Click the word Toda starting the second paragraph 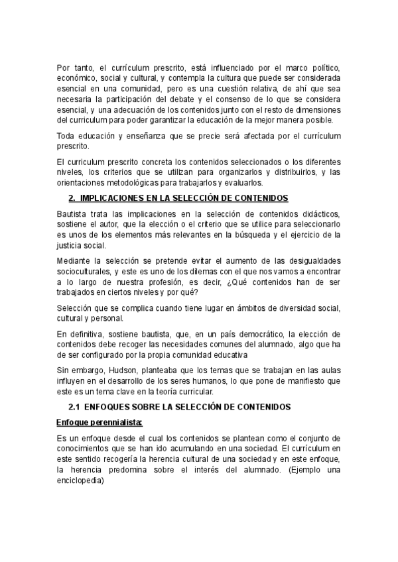tap(67, 136)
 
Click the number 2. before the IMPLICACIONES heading tap(73, 199)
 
